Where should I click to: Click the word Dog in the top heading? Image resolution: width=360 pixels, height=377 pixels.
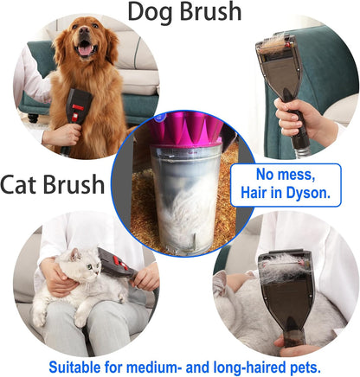point(151,11)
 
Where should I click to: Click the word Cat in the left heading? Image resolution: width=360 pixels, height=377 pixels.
point(19,184)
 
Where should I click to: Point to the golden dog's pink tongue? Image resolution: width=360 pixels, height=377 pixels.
point(85,50)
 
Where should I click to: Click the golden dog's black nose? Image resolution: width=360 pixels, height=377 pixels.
point(84,30)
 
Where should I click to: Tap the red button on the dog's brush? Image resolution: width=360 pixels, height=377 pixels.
point(77,107)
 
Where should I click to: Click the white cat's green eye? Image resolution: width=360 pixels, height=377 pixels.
point(90,266)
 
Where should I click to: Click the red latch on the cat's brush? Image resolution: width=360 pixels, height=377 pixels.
point(117,260)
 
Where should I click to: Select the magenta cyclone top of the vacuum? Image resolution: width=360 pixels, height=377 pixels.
point(186,128)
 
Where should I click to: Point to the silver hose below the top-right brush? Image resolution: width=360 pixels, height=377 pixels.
point(302,150)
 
